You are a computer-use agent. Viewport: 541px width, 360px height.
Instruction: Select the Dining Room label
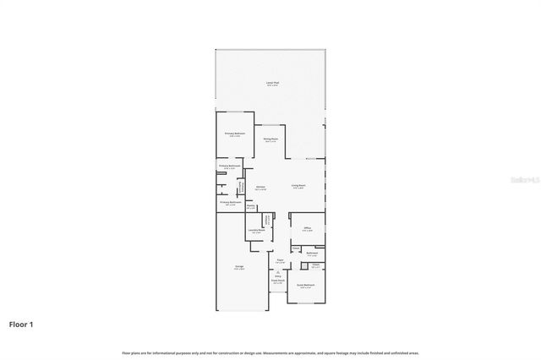[x=270, y=139]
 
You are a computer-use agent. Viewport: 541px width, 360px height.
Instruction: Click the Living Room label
[x=298, y=186]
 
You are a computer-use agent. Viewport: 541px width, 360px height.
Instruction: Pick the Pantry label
[x=251, y=205]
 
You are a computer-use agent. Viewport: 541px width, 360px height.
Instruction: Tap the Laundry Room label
[x=257, y=230]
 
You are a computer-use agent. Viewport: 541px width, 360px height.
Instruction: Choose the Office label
[x=308, y=227]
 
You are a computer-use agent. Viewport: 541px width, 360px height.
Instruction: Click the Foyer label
[x=280, y=259]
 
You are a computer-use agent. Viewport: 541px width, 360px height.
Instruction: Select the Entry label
[x=277, y=275]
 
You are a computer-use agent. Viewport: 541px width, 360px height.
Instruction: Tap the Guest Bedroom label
[x=306, y=286]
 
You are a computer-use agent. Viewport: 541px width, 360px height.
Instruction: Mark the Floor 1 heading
[x=22, y=324]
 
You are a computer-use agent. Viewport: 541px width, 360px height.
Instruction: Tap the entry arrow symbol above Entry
[x=277, y=270]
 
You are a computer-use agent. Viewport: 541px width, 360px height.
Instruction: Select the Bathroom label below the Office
[x=312, y=253]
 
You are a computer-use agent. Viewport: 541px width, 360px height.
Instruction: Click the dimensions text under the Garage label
[x=239, y=270]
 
